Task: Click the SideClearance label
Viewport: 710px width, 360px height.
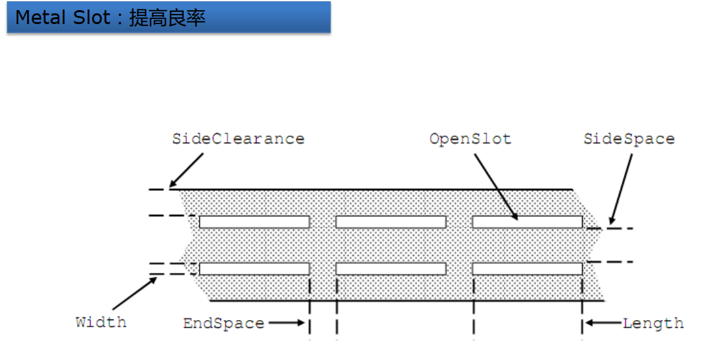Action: pyautogui.click(x=238, y=139)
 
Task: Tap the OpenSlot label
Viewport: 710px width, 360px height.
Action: pyautogui.click(x=470, y=139)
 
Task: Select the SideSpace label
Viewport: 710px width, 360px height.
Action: pyautogui.click(x=629, y=139)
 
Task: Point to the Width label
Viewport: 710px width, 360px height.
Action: pyautogui.click(x=101, y=322)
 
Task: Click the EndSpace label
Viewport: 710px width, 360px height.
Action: pyautogui.click(x=224, y=323)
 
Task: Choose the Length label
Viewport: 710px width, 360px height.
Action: pyautogui.click(x=653, y=323)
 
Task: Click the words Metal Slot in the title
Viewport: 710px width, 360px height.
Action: pyautogui.click(x=63, y=18)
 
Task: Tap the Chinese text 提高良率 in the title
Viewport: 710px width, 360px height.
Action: pyautogui.click(x=167, y=18)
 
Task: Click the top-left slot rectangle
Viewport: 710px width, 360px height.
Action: pyautogui.click(x=254, y=222)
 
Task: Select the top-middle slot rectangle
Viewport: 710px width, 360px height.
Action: pyautogui.click(x=391, y=222)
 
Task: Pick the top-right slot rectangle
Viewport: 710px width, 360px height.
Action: pyautogui.click(x=527, y=222)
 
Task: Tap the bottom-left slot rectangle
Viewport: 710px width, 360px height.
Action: pyautogui.click(x=254, y=269)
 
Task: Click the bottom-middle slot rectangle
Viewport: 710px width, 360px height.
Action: pyautogui.click(x=391, y=269)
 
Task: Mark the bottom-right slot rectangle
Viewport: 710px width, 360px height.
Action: pyautogui.click(x=527, y=269)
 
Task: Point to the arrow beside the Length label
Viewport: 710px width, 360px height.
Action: pyautogui.click(x=602, y=323)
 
